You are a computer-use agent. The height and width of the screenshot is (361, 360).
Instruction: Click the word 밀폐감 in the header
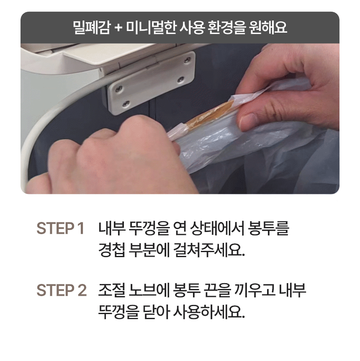[x=91, y=28]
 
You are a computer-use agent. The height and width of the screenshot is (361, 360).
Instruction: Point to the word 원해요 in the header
[x=268, y=28]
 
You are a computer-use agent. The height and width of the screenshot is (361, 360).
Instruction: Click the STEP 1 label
[x=60, y=229]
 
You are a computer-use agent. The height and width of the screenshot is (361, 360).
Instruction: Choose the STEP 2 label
[x=62, y=290]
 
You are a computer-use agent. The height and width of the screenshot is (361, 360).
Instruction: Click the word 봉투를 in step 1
[x=268, y=229]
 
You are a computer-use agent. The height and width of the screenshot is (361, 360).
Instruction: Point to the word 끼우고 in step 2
[x=254, y=290]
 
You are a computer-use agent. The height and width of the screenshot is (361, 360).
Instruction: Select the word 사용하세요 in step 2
[x=209, y=312]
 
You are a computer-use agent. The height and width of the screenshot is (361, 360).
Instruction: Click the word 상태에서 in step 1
[x=217, y=229]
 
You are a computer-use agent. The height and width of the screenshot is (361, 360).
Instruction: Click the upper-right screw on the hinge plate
[x=187, y=60]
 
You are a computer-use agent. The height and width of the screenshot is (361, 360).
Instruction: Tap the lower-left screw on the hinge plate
[x=126, y=103]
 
